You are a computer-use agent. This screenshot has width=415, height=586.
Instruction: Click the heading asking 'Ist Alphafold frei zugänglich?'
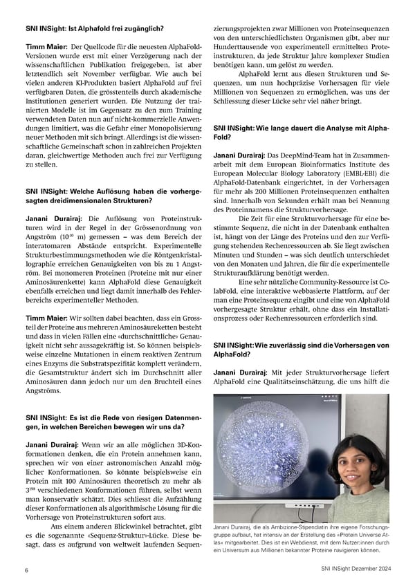coord(93,29)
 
